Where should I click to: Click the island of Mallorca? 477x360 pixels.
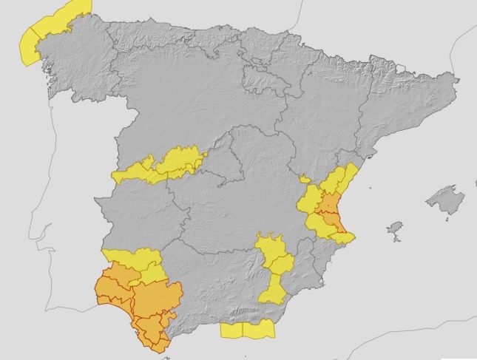444,200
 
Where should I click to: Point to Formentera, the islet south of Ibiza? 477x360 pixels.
396,240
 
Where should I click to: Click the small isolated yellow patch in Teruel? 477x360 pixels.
305,179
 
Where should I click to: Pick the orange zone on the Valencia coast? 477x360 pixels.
328,211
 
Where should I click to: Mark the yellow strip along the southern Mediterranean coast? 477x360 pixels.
248,330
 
